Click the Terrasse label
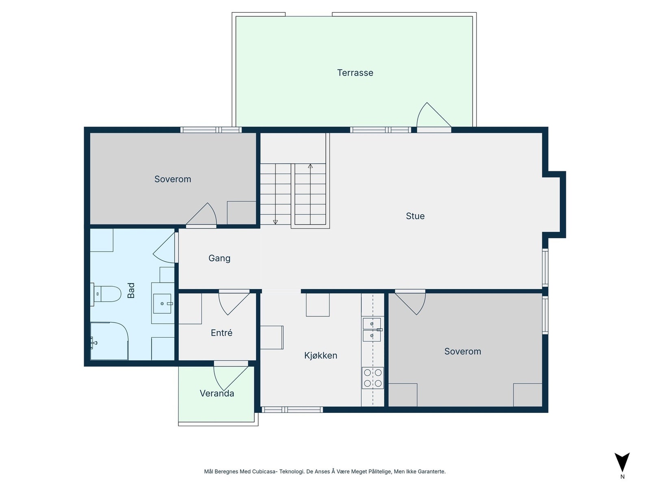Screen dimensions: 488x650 [x=355, y=73]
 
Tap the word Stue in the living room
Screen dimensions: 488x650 [x=415, y=216]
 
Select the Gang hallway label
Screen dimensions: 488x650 [x=219, y=258]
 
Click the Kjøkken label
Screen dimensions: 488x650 [x=321, y=355]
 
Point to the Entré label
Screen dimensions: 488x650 [x=221, y=333]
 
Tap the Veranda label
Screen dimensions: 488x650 [x=217, y=393]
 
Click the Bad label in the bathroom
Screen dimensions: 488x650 [x=131, y=290]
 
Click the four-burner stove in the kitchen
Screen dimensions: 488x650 [x=373, y=378]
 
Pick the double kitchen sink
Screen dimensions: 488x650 [x=372, y=330]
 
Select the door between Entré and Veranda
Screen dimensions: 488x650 [x=230, y=377]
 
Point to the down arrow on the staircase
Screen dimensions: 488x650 [x=275, y=222]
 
